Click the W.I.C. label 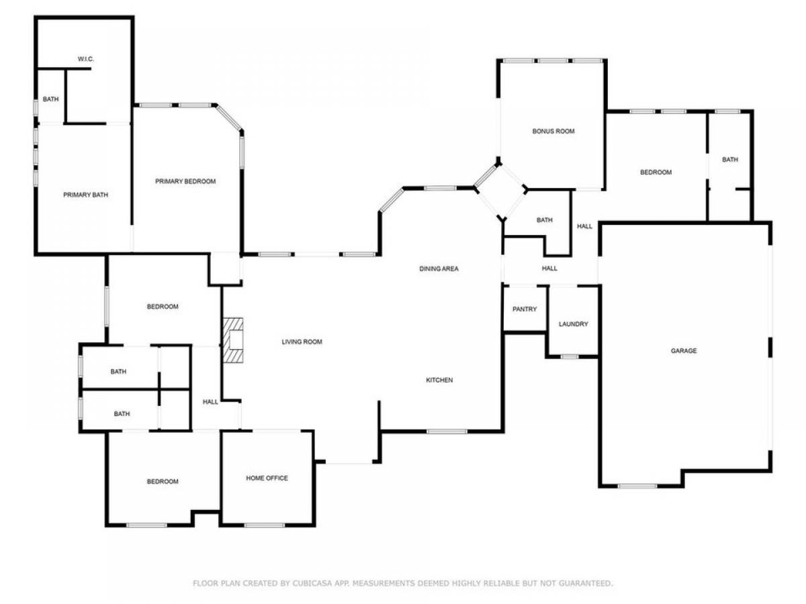coord(85,59)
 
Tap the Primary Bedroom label coord(185,181)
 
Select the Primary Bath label coord(85,195)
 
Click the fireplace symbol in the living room coord(233,340)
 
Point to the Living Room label coord(302,342)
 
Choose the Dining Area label coord(439,269)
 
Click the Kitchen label coord(439,380)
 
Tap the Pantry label coord(525,309)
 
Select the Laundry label coord(573,324)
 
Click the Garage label coord(684,350)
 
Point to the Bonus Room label coord(553,132)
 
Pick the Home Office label coord(267,479)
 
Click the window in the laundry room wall coord(570,356)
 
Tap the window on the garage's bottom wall coord(637,487)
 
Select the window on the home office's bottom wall coord(265,525)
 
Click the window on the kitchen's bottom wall coord(447,432)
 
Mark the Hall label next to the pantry coord(549,268)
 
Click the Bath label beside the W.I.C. coord(50,99)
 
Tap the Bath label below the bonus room coord(545,220)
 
